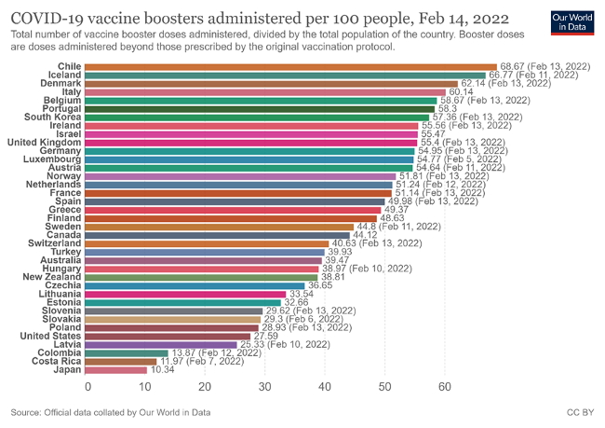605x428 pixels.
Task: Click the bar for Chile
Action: pos(292,67)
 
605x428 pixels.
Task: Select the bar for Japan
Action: pos(117,370)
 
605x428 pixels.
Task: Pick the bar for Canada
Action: pos(219,235)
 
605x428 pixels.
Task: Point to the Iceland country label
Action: pos(65,75)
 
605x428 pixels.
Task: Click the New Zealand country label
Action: pos(52,277)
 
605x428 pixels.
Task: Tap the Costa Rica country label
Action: pos(55,362)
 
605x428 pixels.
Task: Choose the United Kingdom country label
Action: pos(45,142)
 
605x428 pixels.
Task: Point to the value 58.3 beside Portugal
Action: pos(450,109)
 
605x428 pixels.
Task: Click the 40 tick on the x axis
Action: pos(325,386)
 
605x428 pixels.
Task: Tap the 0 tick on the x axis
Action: pos(87,386)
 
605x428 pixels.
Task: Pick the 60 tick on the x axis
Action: pos(443,386)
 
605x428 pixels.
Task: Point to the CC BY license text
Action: pos(578,411)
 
